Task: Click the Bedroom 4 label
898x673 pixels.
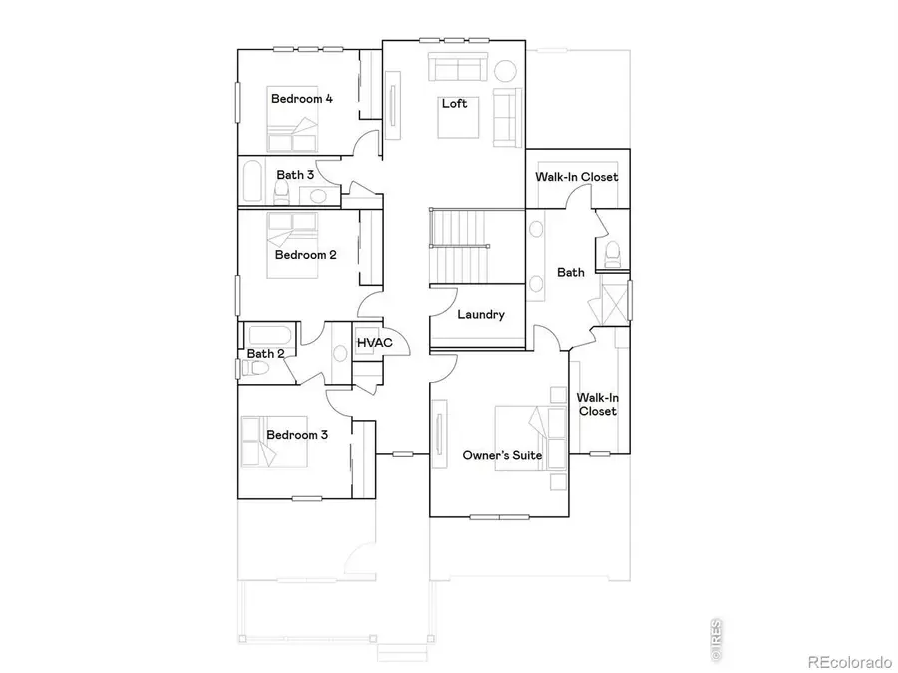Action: (x=302, y=99)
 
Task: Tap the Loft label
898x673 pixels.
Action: (x=455, y=103)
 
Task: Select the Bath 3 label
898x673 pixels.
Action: (x=295, y=175)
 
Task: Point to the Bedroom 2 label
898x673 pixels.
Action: (x=306, y=254)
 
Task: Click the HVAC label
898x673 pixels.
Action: (x=375, y=344)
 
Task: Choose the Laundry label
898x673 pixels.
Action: (x=481, y=315)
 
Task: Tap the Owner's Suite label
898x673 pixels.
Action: (x=502, y=455)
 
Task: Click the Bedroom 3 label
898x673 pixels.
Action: (x=297, y=435)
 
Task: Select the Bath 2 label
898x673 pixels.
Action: (x=266, y=353)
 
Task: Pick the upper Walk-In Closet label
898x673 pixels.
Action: (x=577, y=177)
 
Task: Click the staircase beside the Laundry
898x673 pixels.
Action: (x=460, y=246)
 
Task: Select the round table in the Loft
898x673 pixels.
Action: (x=506, y=71)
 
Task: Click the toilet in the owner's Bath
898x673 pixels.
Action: (x=610, y=253)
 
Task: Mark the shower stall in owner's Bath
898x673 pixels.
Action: (x=612, y=302)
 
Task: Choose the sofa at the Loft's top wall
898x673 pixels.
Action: (x=458, y=69)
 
